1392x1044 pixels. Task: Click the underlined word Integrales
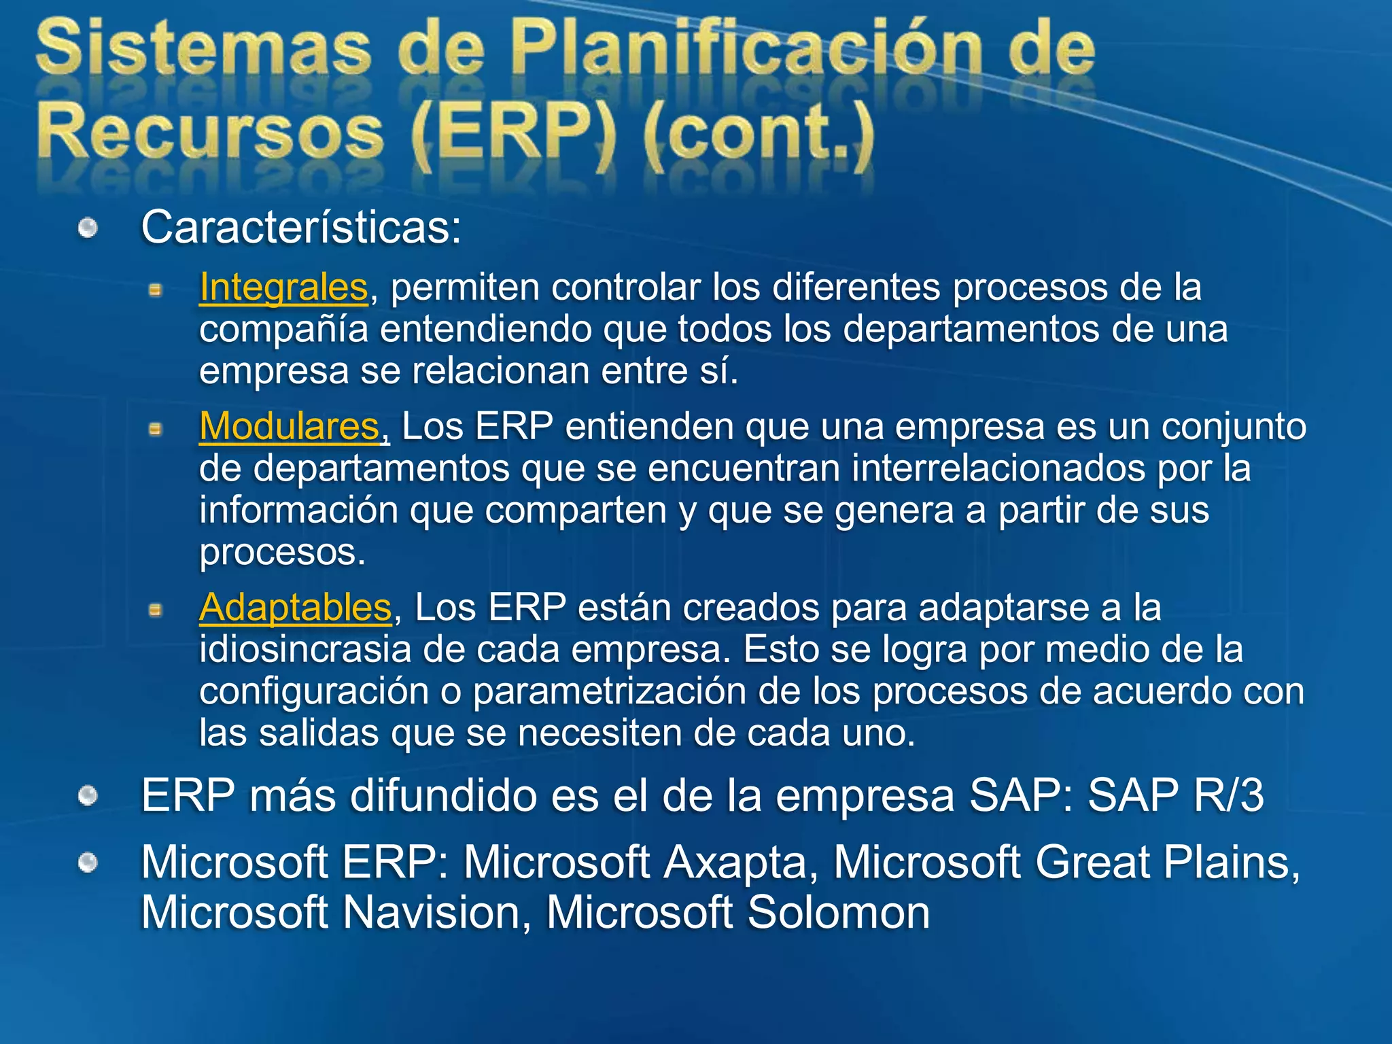(x=283, y=287)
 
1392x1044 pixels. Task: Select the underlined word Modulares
(x=289, y=427)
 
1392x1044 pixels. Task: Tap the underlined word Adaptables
(x=295, y=607)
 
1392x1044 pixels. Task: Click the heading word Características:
(x=301, y=227)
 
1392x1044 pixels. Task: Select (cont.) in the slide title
(x=758, y=131)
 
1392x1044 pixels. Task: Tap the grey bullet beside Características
(x=88, y=228)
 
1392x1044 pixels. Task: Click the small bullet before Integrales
(x=156, y=291)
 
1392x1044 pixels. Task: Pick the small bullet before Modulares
(x=156, y=430)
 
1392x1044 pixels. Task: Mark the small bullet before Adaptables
(x=156, y=610)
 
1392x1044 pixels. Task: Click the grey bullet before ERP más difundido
(x=88, y=796)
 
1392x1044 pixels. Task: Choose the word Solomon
(x=839, y=912)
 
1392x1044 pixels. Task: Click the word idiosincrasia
(x=305, y=649)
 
